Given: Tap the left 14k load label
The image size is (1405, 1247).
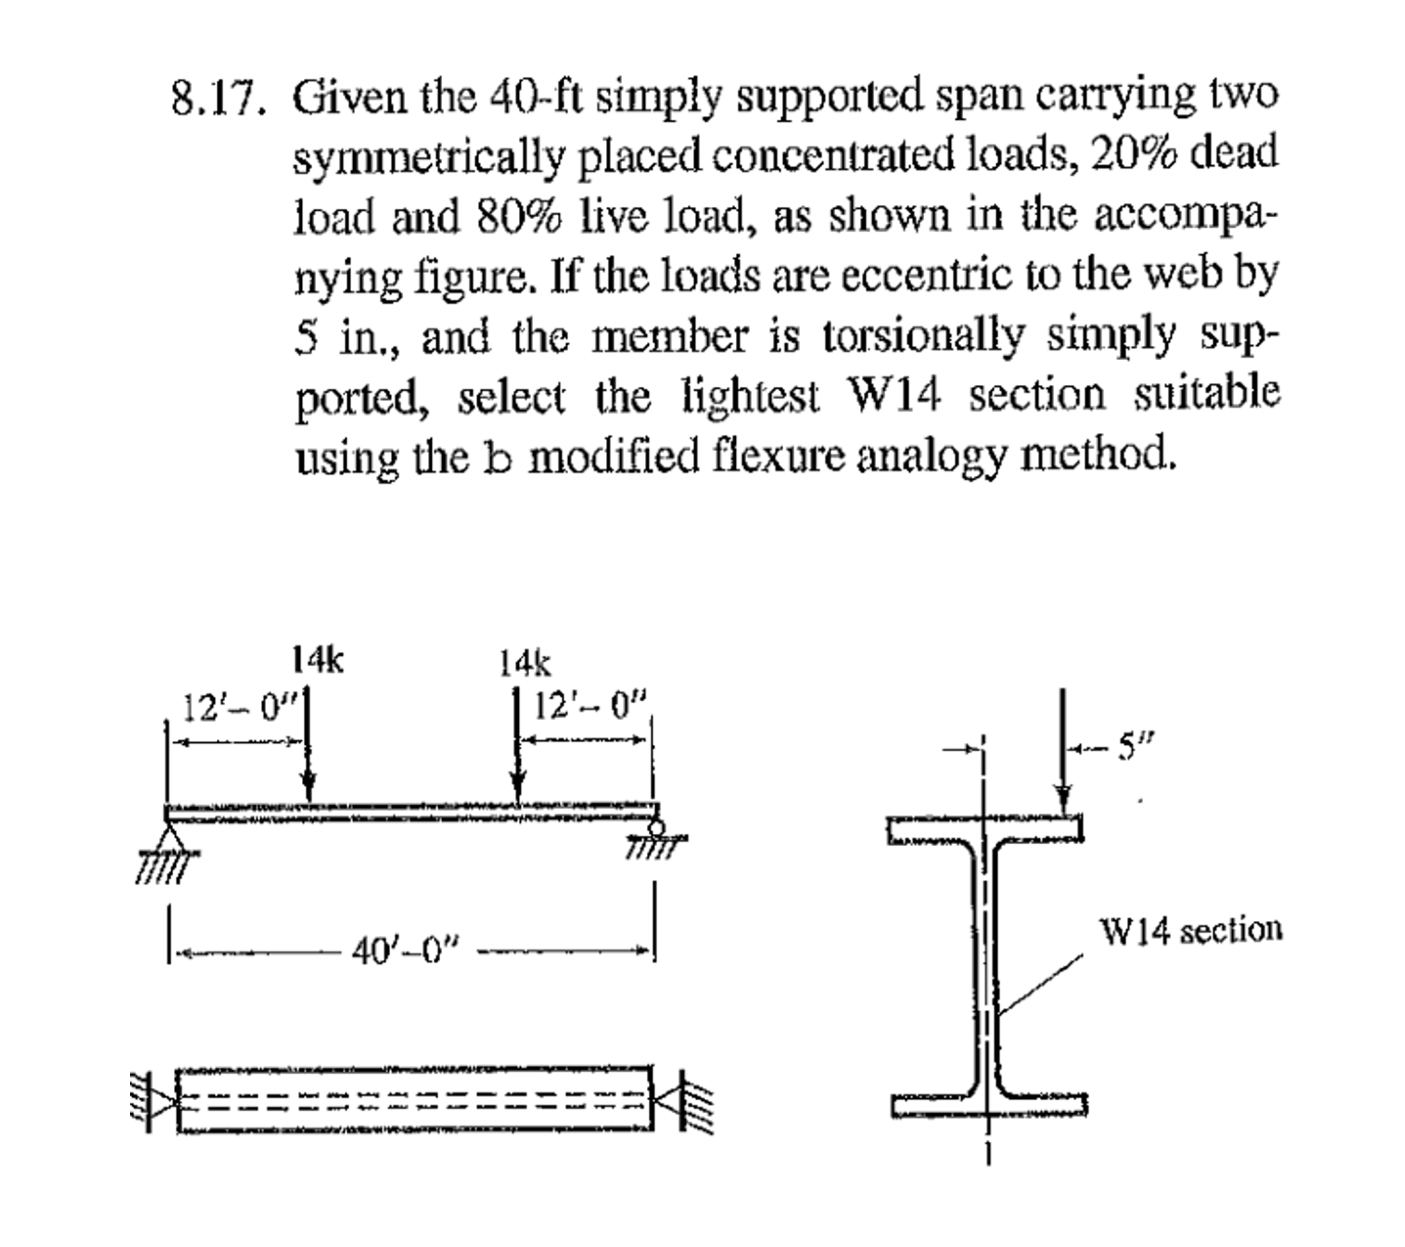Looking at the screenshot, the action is click(318, 659).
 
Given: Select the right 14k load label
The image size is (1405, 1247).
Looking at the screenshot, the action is click(526, 664).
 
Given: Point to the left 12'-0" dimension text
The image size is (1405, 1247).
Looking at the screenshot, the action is click(238, 709).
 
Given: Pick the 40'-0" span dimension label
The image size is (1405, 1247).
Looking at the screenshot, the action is click(407, 950).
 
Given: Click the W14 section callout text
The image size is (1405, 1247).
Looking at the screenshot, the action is click(1192, 930).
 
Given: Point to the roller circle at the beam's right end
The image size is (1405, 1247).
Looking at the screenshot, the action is click(656, 825).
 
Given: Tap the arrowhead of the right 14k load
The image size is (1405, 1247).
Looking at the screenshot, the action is click(517, 787).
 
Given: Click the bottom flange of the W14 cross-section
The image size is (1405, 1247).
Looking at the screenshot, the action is click(989, 1106).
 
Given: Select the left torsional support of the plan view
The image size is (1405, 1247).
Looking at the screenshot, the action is click(153, 1101).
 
